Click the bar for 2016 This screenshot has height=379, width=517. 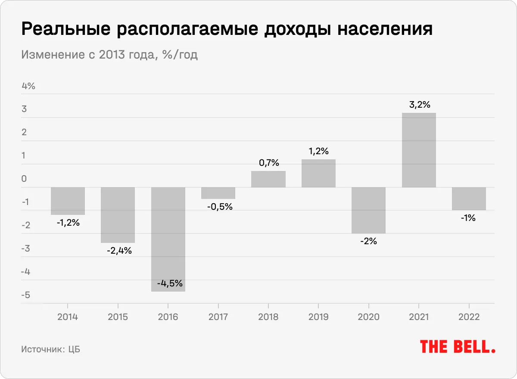pyautogui.click(x=168, y=239)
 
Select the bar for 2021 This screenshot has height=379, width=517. pyautogui.click(x=419, y=150)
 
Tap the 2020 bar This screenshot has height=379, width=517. pyautogui.click(x=368, y=210)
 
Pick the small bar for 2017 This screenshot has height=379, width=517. pyautogui.click(x=218, y=193)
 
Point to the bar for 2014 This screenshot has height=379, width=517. pyautogui.click(x=68, y=201)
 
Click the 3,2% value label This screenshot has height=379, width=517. pyautogui.click(x=419, y=105)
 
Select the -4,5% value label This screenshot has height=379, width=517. pyautogui.click(x=170, y=283)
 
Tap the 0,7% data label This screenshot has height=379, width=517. pyautogui.click(x=268, y=163)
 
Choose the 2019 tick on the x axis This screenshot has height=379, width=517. pyautogui.click(x=318, y=317)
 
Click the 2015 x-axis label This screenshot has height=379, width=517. pyautogui.click(x=118, y=317)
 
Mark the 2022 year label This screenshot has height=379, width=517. pyautogui.click(x=469, y=317)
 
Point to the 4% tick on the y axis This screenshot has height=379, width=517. pyautogui.click(x=28, y=86)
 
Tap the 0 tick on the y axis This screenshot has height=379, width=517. pyautogui.click(x=24, y=179)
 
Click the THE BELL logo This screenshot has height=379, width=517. pyautogui.click(x=458, y=347)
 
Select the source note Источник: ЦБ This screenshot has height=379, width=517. pyautogui.click(x=50, y=349)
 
